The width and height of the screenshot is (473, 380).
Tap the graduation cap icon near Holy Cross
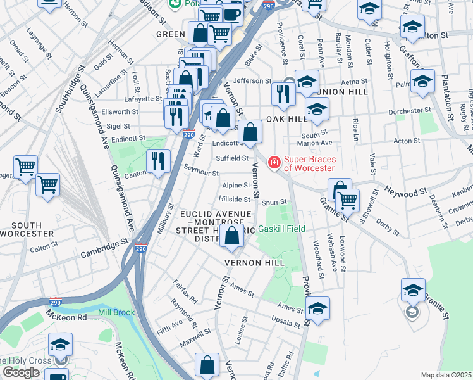pyautogui.click(x=60, y=345)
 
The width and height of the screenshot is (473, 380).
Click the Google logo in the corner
pyautogui.click(x=21, y=372)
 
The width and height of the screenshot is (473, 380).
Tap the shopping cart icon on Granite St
pyautogui.click(x=348, y=200)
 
